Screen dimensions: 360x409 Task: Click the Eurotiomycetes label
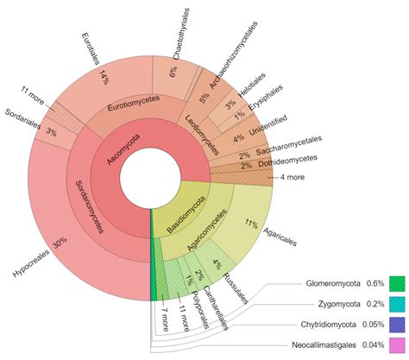point(135,107)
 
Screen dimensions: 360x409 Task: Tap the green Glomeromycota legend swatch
point(396,284)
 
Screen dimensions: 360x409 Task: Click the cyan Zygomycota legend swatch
point(396,305)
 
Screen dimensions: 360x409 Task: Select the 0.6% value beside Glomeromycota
point(373,284)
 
